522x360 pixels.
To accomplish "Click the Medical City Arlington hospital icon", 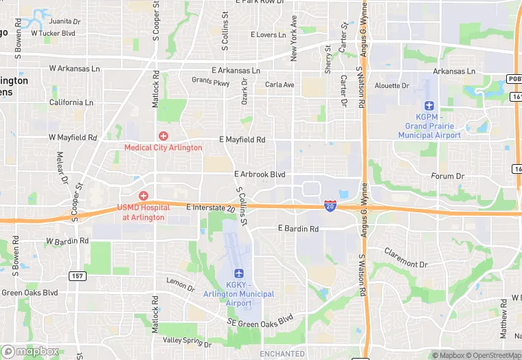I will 163,135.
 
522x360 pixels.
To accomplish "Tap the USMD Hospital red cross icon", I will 144,196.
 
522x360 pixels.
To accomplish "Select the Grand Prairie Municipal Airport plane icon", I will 429,105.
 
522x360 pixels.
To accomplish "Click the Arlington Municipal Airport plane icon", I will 239,273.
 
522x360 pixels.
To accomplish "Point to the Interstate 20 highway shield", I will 330,205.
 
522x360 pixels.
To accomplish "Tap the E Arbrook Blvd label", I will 259,175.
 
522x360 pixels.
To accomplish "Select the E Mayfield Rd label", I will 242,139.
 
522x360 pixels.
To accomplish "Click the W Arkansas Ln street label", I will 75,69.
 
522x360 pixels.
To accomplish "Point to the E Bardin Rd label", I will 298,228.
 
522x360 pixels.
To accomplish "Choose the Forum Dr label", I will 448,177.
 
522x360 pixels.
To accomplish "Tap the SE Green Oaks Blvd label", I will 260,319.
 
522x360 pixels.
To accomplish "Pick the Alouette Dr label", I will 392,86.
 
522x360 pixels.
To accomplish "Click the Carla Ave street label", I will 280,85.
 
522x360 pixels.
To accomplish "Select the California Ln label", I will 71,102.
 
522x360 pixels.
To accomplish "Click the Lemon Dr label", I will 181,282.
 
